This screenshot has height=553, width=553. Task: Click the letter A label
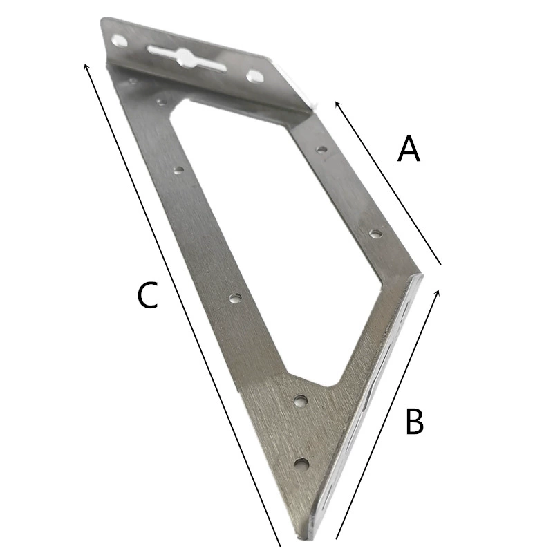coord(409,149)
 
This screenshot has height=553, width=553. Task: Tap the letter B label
coord(414,421)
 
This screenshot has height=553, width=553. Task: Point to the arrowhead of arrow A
coord(337,103)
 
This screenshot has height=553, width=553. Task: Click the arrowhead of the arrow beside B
coord(438,291)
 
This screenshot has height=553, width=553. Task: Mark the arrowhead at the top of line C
coord(84,66)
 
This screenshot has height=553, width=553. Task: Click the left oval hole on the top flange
coord(119,41)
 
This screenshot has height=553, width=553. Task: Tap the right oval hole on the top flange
coord(254,75)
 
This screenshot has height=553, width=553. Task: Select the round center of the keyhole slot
coord(184,57)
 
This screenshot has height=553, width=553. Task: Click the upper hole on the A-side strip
coord(321,150)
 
